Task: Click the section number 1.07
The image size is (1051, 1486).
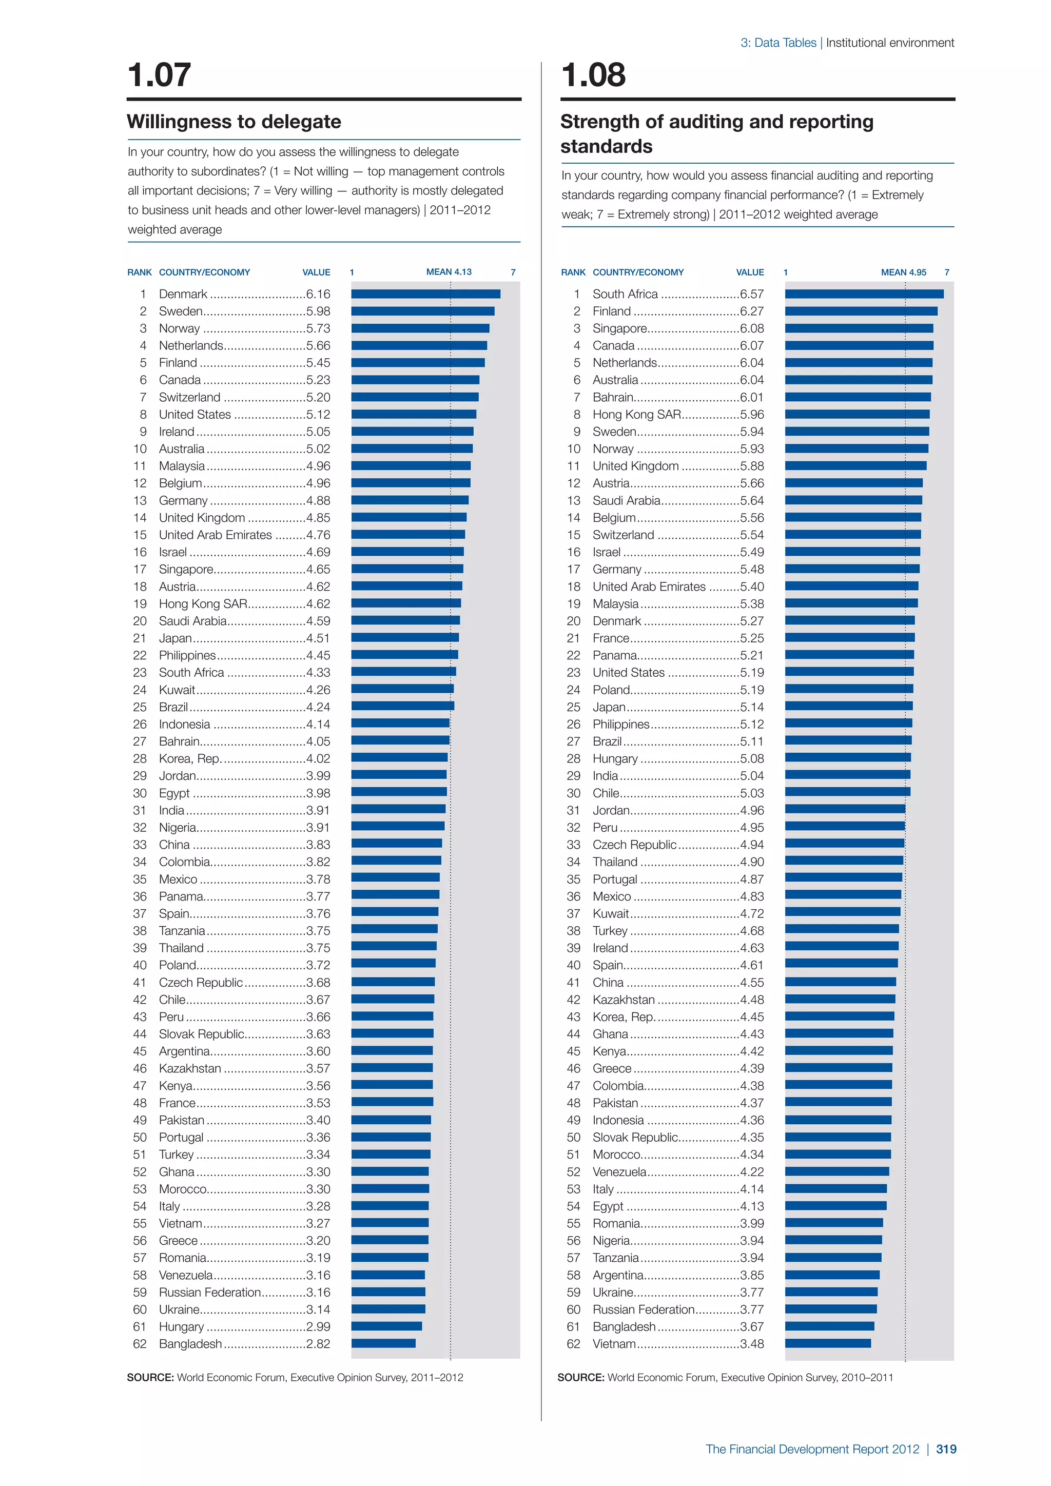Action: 159,74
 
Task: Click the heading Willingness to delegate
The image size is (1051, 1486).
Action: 233,122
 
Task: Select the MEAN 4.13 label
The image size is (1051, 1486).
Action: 449,272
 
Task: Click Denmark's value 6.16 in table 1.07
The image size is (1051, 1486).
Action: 318,294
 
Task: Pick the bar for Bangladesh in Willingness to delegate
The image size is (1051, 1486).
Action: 383,1344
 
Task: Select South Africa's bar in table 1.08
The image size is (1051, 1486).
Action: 864,294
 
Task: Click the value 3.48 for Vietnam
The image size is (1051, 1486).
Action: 751,1344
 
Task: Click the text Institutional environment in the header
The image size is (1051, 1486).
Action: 890,43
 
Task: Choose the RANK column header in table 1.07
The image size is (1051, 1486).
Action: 139,272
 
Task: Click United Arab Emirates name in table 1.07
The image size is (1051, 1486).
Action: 216,535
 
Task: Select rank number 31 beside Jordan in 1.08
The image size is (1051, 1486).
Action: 573,810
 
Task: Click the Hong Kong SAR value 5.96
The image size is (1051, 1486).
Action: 751,414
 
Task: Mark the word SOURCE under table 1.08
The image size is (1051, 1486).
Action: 580,1377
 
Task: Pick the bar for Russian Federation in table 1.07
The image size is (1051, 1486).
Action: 388,1292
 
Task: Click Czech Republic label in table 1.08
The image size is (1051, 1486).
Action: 634,845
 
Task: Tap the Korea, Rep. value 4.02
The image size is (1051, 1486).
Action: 318,758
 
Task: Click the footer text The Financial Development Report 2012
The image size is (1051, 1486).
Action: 812,1449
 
